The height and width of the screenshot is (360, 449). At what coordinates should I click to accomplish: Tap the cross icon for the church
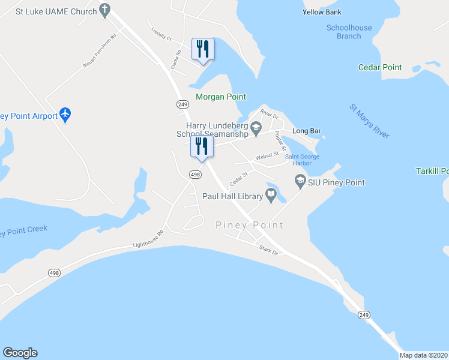[x=105, y=10]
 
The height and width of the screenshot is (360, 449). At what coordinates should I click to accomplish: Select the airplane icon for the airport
[x=65, y=115]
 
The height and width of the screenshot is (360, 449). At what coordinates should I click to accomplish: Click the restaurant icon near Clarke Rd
[x=202, y=49]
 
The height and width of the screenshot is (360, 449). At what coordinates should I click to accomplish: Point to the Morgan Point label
[x=221, y=97]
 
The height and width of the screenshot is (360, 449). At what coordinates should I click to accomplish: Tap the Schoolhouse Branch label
[x=349, y=32]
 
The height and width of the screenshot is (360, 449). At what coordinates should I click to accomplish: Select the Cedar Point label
[x=380, y=68]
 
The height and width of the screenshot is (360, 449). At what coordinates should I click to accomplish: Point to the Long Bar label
[x=304, y=131]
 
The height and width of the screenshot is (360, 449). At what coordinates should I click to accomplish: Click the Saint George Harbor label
[x=302, y=160]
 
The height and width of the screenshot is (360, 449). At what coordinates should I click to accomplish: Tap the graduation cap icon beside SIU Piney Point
[x=300, y=181]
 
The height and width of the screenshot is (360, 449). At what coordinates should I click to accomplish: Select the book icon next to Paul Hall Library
[x=271, y=195]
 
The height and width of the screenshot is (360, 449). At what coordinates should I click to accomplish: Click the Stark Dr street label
[x=268, y=250]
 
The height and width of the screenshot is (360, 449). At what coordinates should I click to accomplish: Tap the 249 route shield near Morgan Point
[x=183, y=104]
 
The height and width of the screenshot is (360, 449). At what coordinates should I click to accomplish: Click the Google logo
[x=20, y=353]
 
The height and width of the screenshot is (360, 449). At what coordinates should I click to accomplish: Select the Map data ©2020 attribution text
[x=424, y=355]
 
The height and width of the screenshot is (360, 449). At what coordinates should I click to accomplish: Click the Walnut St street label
[x=267, y=155]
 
